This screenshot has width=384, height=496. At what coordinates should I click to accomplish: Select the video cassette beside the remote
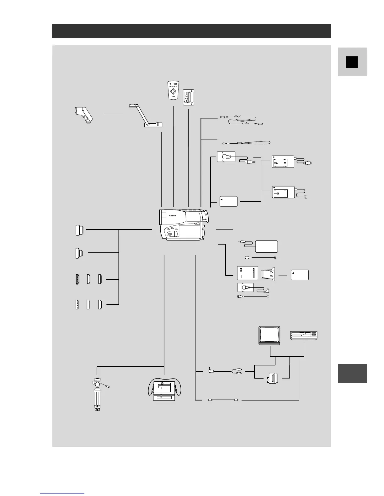(189, 97)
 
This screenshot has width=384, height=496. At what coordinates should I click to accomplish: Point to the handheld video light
(83, 115)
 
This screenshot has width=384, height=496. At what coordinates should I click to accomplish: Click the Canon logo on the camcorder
(173, 215)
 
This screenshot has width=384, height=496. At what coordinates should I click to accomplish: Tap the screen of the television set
(269, 335)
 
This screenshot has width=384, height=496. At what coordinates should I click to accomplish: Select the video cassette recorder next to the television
(304, 335)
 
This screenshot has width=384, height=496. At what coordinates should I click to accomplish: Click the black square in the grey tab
(352, 62)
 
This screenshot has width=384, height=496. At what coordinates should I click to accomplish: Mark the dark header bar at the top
(191, 31)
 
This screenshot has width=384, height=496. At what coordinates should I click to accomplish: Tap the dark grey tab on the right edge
(352, 373)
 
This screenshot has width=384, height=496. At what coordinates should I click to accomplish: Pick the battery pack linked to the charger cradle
(300, 275)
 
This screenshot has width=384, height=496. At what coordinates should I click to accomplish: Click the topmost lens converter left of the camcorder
(79, 230)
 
